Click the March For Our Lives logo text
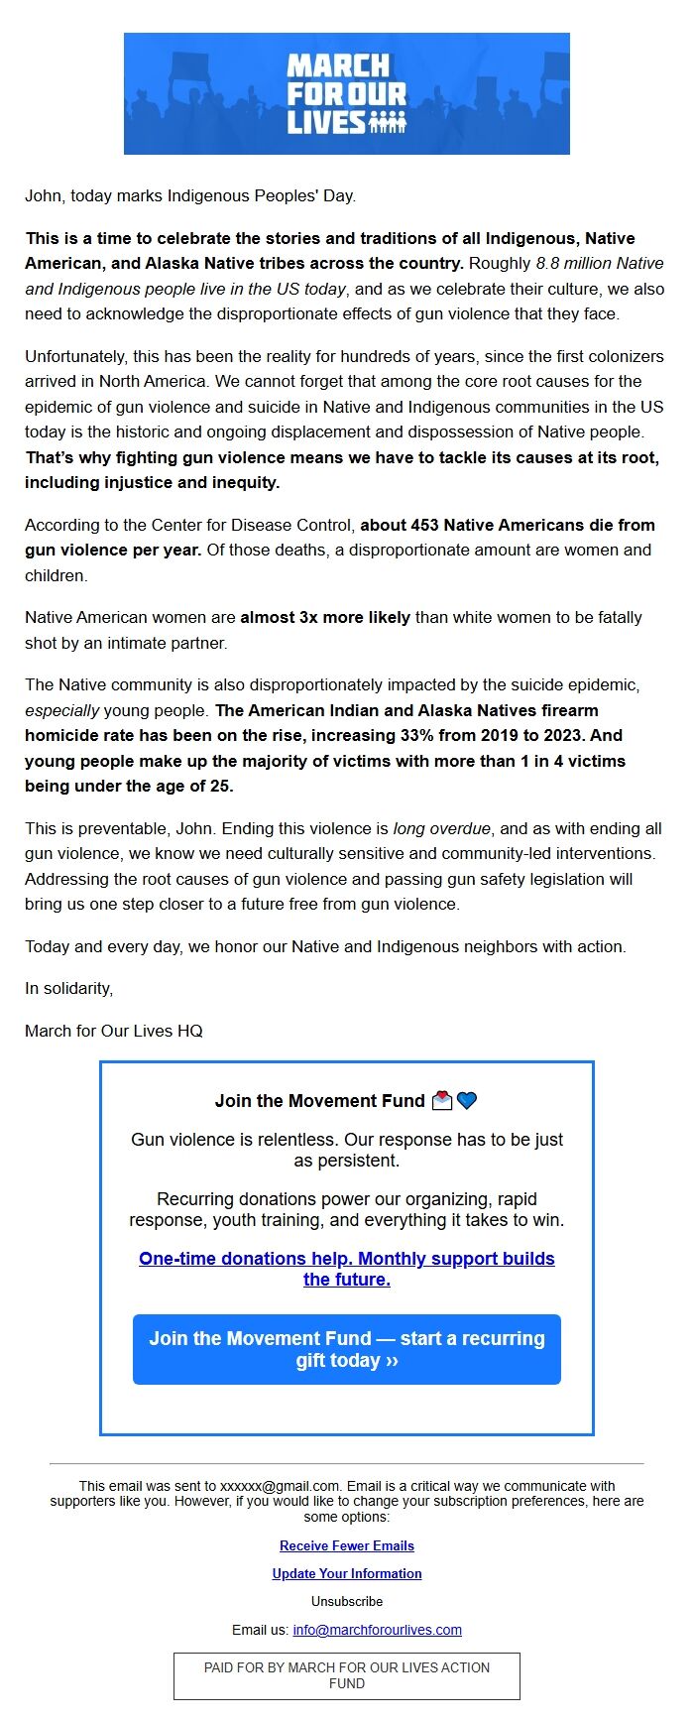(346, 93)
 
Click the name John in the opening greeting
(43, 196)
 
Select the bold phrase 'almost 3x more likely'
(325, 617)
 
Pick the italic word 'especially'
(61, 710)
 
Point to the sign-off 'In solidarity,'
(69, 988)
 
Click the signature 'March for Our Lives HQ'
(114, 1031)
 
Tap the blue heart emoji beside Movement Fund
(467, 1100)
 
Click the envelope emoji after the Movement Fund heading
(442, 1100)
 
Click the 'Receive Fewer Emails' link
(347, 1545)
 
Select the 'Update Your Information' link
(347, 1573)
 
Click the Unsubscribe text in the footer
(347, 1601)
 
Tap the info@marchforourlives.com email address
(377, 1629)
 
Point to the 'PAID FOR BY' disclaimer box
(347, 1675)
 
